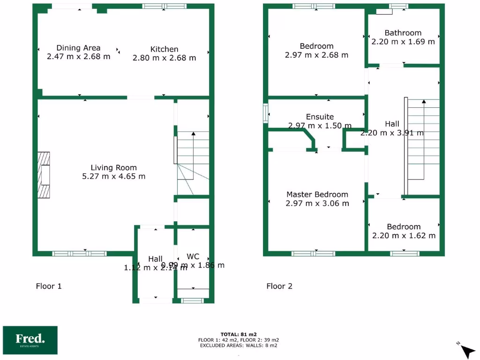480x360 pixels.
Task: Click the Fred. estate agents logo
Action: pos(30,340)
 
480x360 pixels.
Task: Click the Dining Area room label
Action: pos(78,48)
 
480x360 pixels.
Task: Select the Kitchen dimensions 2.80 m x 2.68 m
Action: pos(164,58)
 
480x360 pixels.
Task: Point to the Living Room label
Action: pos(113,168)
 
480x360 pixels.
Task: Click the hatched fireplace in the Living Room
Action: pos(44,175)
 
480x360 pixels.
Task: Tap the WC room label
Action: pos(193,256)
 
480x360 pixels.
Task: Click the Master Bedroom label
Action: pos(317,195)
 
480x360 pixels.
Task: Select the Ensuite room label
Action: pos(320,117)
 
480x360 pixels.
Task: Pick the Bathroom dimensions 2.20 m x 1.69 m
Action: pos(403,41)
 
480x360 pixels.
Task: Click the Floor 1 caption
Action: pos(49,286)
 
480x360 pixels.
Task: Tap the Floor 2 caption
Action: pos(279,286)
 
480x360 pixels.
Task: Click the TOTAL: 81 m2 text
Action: pos(239,334)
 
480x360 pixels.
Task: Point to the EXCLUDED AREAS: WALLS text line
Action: pos(239,345)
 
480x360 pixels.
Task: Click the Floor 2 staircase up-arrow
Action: pos(424,101)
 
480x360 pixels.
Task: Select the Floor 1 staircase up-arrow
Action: pos(192,134)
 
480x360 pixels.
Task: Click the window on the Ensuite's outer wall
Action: pos(266,112)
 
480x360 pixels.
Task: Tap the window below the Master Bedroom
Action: pos(313,254)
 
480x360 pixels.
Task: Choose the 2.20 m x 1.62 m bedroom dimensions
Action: pos(404,235)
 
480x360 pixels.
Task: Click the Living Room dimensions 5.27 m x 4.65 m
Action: pos(113,177)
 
